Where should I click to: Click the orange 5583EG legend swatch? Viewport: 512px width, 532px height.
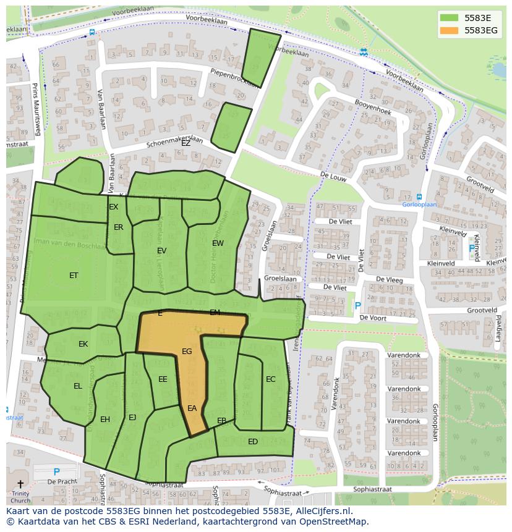pyautogui.click(x=450, y=30)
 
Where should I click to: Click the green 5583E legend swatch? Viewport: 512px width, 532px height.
pyautogui.click(x=450, y=17)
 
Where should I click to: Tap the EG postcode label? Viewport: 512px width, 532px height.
pyautogui.click(x=187, y=352)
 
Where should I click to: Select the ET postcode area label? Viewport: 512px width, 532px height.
pyautogui.click(x=74, y=276)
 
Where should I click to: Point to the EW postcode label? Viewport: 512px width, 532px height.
pyautogui.click(x=218, y=243)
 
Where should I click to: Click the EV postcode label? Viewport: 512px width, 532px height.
pyautogui.click(x=162, y=251)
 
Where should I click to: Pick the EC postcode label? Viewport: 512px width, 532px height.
pyautogui.click(x=270, y=379)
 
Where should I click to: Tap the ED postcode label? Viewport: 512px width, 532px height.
pyautogui.click(x=253, y=442)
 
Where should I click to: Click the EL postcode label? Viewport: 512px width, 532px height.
pyautogui.click(x=78, y=386)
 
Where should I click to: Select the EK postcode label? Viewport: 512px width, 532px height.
pyautogui.click(x=83, y=344)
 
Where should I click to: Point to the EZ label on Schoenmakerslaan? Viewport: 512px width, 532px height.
pyautogui.click(x=186, y=143)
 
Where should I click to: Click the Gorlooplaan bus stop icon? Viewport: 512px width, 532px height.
pyautogui.click(x=420, y=196)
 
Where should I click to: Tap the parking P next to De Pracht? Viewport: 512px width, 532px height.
pyautogui.click(x=56, y=472)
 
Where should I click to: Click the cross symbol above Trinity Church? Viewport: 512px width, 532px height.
pyautogui.click(x=20, y=484)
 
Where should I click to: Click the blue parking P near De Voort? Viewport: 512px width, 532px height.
pyautogui.click(x=357, y=305)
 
